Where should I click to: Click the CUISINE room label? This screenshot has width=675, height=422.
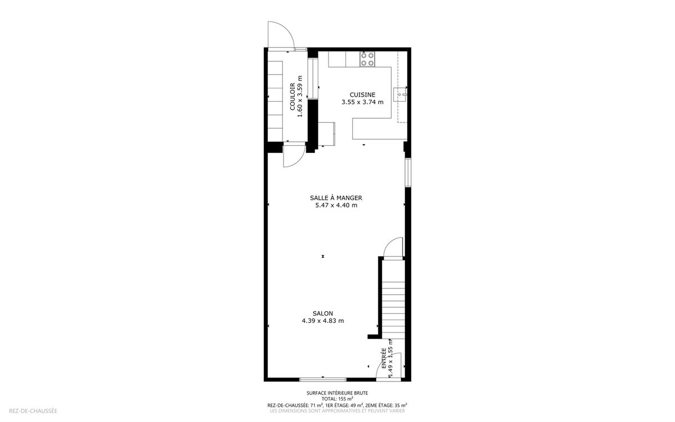[362, 95]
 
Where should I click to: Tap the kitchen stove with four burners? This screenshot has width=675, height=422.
[367, 59]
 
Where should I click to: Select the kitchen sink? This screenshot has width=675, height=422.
[400, 95]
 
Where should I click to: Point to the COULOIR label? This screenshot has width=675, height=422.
[292, 96]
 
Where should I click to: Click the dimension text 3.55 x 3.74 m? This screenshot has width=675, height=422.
[362, 102]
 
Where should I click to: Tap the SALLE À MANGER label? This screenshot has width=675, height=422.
[336, 198]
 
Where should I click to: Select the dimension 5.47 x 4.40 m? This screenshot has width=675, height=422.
[336, 205]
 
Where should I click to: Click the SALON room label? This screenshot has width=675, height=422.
[323, 313]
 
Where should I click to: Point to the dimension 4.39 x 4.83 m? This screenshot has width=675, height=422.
[323, 321]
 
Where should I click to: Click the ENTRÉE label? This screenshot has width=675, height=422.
[384, 358]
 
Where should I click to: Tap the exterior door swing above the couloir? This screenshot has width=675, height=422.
[281, 34]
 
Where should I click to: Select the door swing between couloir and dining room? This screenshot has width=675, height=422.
[294, 155]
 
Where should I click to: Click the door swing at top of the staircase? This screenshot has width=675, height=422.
[393, 248]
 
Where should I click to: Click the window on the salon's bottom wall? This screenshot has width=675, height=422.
[323, 379]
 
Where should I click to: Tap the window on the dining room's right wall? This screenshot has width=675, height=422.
[408, 172]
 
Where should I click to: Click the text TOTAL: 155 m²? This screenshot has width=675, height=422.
[337, 399]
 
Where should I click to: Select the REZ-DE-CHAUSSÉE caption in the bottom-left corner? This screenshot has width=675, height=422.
[33, 411]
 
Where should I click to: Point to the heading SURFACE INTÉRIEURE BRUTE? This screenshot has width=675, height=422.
[337, 393]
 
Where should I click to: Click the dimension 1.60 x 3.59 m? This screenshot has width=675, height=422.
[299, 96]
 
